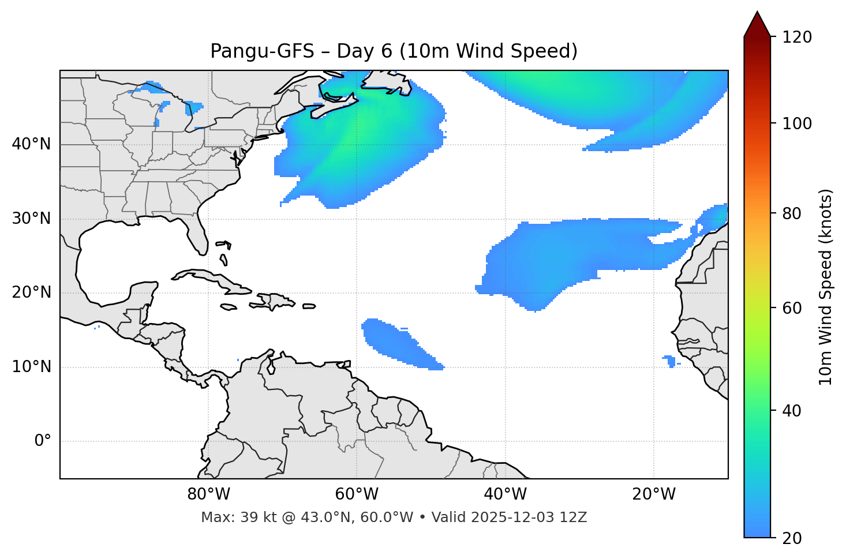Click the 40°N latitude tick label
pyautogui.click(x=31, y=144)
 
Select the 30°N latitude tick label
pyautogui.click(x=31, y=219)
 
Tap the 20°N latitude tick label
pyautogui.click(x=31, y=292)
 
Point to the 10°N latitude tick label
pyautogui.click(x=31, y=367)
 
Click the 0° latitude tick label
pyautogui.click(x=42, y=441)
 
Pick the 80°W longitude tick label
pyautogui.click(x=208, y=494)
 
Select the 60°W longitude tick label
pyautogui.click(x=357, y=494)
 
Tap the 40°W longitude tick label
pyautogui.click(x=505, y=494)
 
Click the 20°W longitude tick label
pyautogui.click(x=653, y=494)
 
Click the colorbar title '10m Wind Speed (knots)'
pyautogui.click(x=826, y=287)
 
